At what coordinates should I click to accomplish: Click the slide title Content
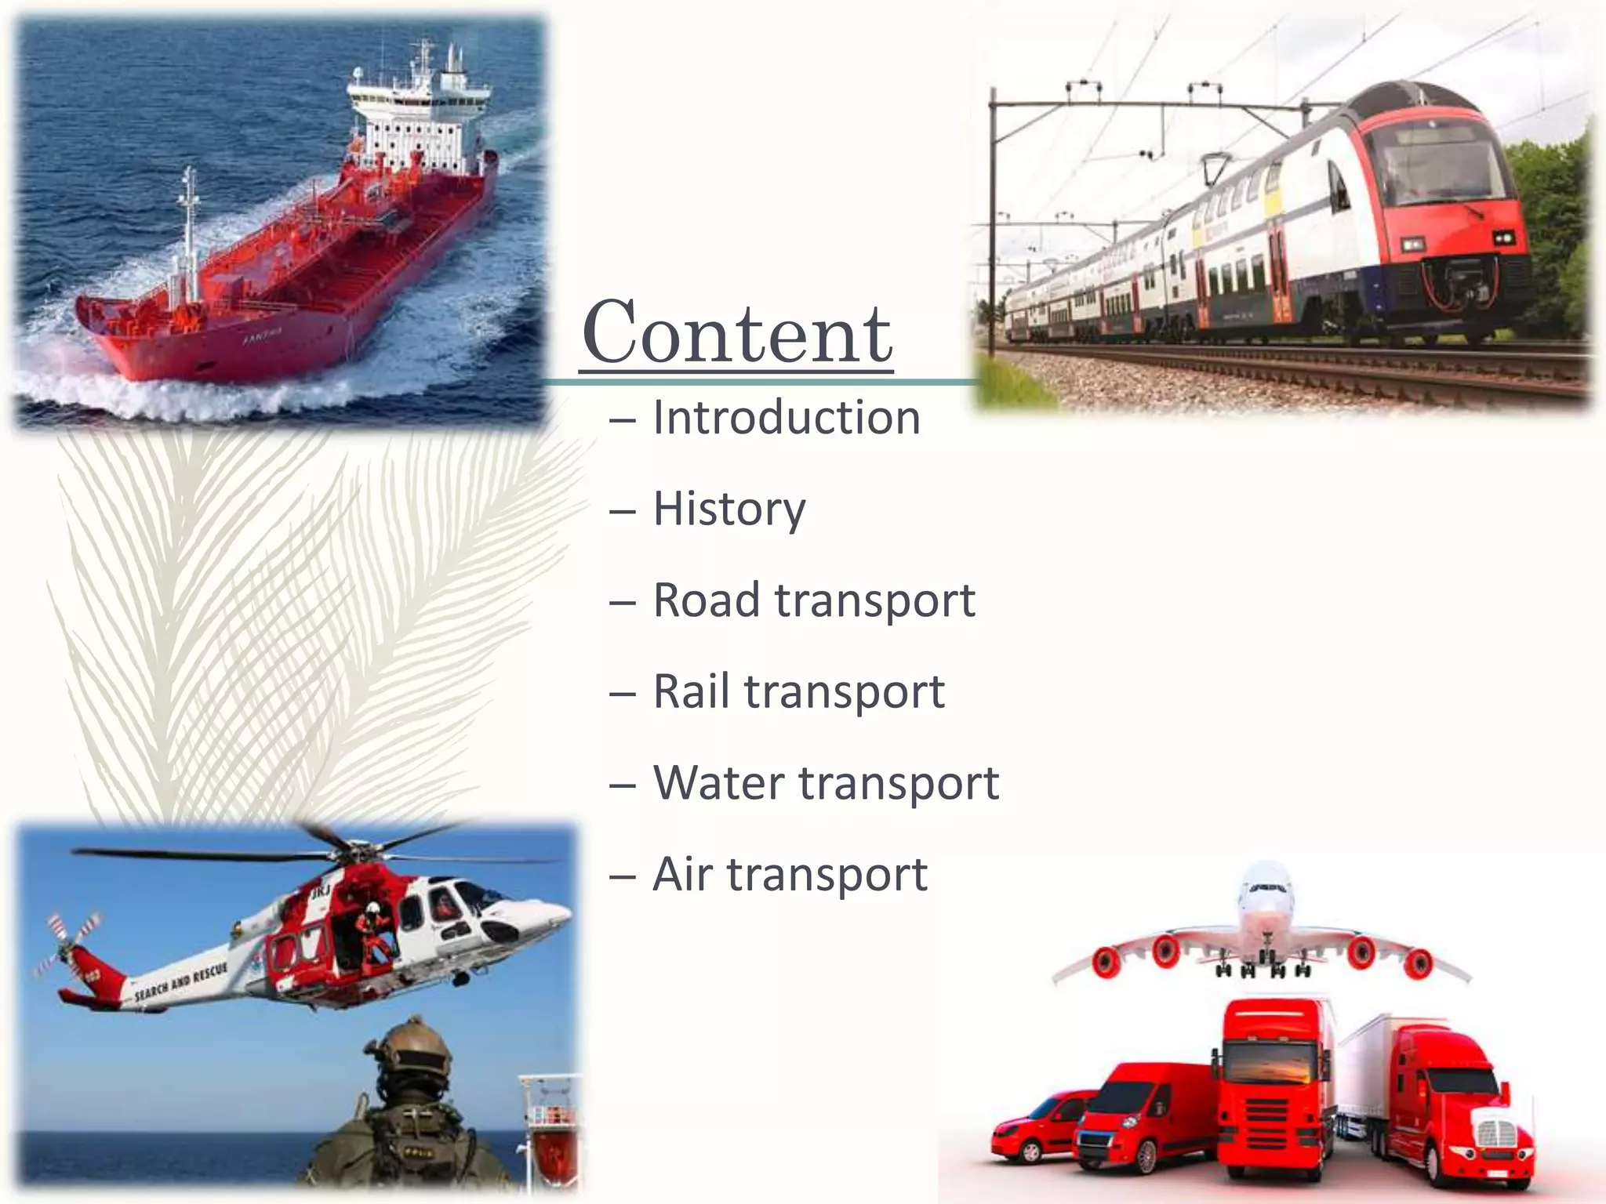click(737, 332)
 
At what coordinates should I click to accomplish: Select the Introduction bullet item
click(786, 417)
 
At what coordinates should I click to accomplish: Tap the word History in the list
click(729, 509)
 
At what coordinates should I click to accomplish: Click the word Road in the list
click(707, 600)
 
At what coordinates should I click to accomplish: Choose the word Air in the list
click(682, 873)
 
